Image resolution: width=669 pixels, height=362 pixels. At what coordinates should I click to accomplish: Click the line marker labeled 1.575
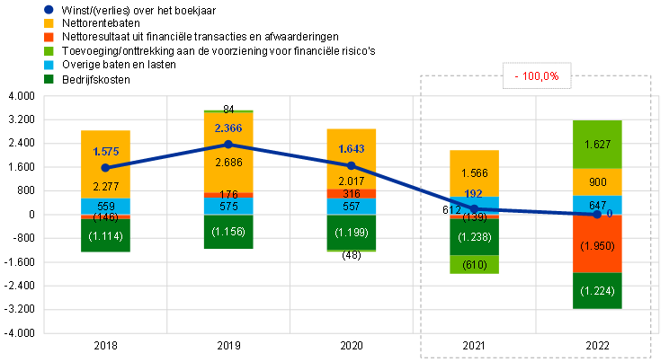(x=106, y=168)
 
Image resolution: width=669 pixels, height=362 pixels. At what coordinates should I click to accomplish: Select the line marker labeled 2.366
(x=228, y=144)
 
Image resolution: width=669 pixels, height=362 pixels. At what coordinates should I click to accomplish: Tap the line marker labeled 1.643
(x=352, y=165)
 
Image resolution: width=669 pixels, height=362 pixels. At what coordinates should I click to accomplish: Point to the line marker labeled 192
(x=475, y=208)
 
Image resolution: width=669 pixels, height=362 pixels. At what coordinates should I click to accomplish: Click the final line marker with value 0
(x=597, y=214)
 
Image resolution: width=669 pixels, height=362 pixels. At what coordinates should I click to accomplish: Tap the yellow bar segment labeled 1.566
(x=474, y=173)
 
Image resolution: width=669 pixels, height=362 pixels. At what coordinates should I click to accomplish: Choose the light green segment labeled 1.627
(x=598, y=144)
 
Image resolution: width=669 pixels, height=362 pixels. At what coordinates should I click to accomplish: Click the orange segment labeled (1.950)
(x=598, y=244)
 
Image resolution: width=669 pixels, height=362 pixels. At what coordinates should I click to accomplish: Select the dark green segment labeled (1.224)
(x=598, y=290)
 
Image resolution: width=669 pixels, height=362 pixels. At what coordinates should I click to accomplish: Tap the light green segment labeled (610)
(x=474, y=265)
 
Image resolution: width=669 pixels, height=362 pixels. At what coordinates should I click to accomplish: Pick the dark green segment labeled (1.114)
(x=106, y=235)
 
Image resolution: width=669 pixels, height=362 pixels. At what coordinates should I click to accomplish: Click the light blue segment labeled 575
(x=228, y=206)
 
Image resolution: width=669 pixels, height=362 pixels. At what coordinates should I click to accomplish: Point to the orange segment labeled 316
(x=352, y=194)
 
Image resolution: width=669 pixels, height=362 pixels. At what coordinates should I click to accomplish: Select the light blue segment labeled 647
(x=598, y=205)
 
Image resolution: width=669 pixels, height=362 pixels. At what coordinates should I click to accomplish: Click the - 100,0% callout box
(x=537, y=76)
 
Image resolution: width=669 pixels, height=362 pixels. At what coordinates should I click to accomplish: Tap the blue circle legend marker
(x=49, y=10)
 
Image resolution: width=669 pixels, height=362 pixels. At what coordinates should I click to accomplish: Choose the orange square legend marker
(x=49, y=37)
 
